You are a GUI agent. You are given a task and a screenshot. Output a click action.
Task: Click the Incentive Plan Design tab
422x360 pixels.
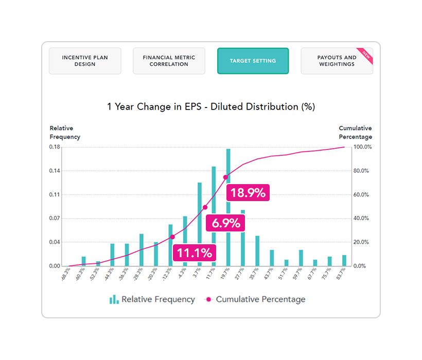coord(85,61)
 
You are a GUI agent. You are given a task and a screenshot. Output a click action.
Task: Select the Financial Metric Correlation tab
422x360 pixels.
coord(169,61)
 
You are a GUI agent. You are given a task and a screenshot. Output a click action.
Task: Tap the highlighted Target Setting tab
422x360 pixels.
coord(253,61)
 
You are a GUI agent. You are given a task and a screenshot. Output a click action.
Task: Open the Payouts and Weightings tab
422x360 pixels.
coord(337,61)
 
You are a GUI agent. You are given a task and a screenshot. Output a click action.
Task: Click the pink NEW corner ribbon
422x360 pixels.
coord(366,54)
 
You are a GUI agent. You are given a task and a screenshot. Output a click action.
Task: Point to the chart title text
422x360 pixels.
coord(211,106)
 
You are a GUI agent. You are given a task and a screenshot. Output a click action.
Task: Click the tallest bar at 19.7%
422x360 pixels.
coord(228,206)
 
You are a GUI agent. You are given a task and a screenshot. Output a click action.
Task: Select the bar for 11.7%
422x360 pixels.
coord(214,216)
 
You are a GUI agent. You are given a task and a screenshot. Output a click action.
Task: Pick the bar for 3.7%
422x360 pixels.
coord(199,224)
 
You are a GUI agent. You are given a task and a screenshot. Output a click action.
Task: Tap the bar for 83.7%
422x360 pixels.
coord(344,260)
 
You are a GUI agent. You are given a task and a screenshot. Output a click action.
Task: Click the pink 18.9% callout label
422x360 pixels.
coord(248,193)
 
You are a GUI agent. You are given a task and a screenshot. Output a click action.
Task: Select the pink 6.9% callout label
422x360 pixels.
coord(225,223)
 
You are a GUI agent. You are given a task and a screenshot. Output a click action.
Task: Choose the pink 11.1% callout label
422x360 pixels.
coord(195,253)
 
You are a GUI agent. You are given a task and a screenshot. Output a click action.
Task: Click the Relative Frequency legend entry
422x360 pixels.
coord(152,299)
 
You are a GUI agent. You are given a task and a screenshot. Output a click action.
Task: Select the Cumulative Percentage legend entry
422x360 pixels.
coord(255,299)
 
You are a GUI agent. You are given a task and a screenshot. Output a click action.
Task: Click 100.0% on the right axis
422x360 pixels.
coord(361,147)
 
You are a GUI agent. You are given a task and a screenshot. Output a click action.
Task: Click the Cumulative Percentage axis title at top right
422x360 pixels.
coord(355,133)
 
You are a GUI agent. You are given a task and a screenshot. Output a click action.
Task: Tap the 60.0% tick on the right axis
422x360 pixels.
coord(361,195)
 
